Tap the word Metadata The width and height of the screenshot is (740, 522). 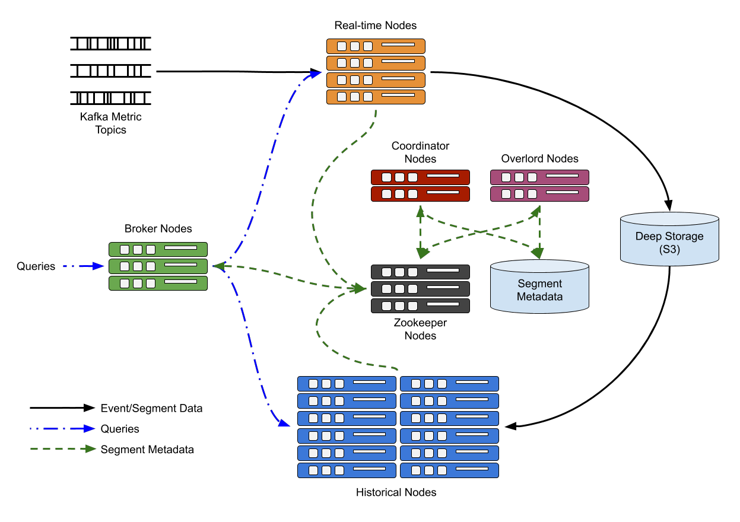pyautogui.click(x=539, y=297)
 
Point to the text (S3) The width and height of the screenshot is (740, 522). pyautogui.click(x=669, y=250)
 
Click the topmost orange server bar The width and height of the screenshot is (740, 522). pyautogui.click(x=376, y=46)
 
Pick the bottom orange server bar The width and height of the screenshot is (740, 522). pyautogui.click(x=376, y=97)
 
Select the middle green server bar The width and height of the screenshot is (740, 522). pyautogui.click(x=158, y=266)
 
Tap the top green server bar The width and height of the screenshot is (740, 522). pyautogui.click(x=158, y=249)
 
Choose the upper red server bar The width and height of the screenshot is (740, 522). pyautogui.click(x=420, y=177)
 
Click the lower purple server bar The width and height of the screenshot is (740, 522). pyautogui.click(x=539, y=194)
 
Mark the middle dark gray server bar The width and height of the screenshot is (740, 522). pyautogui.click(x=420, y=289)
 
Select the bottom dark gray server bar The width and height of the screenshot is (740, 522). pyautogui.click(x=420, y=306)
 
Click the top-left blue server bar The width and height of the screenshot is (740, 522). pyautogui.click(x=347, y=384)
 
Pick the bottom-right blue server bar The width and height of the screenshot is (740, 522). pyautogui.click(x=449, y=470)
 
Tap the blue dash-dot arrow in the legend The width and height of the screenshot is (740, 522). pyautogui.click(x=62, y=428)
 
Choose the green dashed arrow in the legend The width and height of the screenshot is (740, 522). pyautogui.click(x=62, y=449)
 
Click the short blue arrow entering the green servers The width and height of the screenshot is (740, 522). pyautogui.click(x=84, y=266)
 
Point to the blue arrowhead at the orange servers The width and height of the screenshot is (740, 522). pyautogui.click(x=315, y=74)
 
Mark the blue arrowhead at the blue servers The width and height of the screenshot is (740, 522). pyautogui.click(x=283, y=422)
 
